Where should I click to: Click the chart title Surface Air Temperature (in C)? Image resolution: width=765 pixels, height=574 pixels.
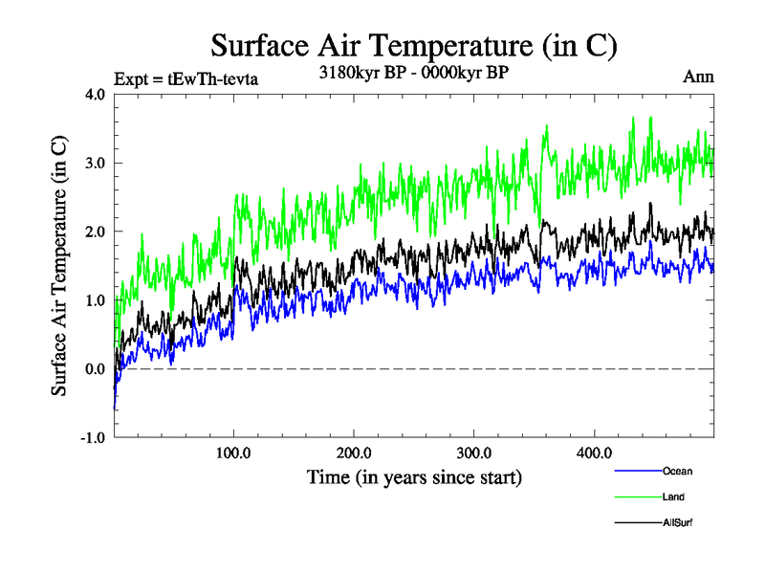click(413, 46)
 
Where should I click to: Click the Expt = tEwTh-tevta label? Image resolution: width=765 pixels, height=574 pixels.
click(186, 78)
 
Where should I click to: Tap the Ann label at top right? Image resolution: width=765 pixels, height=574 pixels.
click(699, 77)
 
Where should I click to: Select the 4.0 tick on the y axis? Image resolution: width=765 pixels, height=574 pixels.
click(96, 94)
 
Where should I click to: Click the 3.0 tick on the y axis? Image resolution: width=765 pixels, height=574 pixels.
click(96, 163)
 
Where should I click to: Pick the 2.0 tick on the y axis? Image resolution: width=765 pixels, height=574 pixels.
click(96, 232)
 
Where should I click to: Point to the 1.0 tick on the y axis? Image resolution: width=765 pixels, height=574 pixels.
click(96, 300)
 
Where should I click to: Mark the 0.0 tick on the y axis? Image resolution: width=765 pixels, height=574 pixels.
click(96, 369)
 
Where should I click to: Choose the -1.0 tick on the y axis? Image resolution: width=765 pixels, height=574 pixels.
click(94, 438)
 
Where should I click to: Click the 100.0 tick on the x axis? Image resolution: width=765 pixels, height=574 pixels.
click(234, 453)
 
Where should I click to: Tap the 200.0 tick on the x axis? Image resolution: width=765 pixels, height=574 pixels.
click(354, 453)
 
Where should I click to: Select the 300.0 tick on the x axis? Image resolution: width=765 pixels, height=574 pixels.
click(474, 453)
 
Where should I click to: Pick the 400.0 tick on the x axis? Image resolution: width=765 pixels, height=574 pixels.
click(594, 453)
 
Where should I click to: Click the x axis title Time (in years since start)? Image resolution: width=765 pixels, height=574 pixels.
click(415, 475)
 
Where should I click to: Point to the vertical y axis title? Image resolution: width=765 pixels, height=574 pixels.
click(59, 266)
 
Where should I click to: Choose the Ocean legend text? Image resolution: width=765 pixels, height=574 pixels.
click(677, 471)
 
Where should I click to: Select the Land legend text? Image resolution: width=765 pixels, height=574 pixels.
click(673, 497)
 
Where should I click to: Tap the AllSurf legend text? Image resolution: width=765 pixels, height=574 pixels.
click(678, 522)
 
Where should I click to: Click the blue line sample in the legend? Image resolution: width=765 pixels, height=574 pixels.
click(637, 471)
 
